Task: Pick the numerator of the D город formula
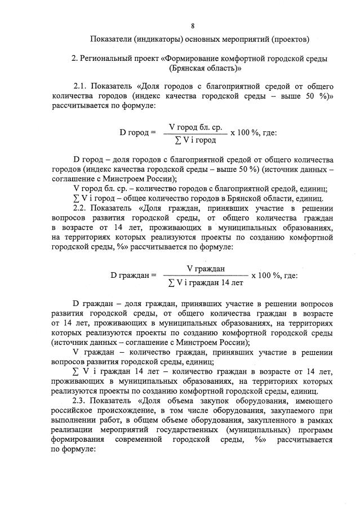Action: [196, 127]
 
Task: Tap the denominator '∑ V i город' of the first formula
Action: [195, 139]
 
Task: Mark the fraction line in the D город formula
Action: [195, 134]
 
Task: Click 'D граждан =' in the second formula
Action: [133, 276]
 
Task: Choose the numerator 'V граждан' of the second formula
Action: [206, 270]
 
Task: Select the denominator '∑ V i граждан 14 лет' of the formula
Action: [205, 282]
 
